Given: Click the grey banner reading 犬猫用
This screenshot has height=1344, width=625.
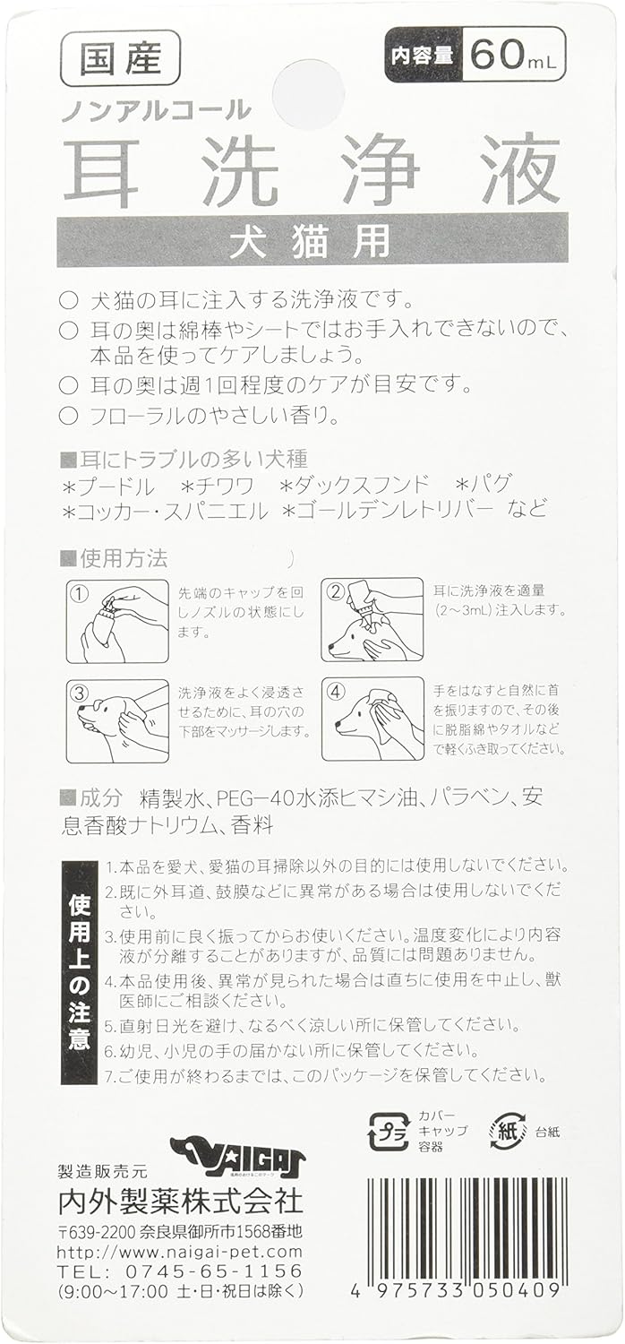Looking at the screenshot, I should coord(312,240).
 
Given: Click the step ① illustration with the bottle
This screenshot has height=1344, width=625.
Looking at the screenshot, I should coord(117,620).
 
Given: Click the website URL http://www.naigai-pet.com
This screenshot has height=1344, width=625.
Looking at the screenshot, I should coord(179,1251).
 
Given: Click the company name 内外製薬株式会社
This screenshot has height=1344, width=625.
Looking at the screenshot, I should coord(179,1201).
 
